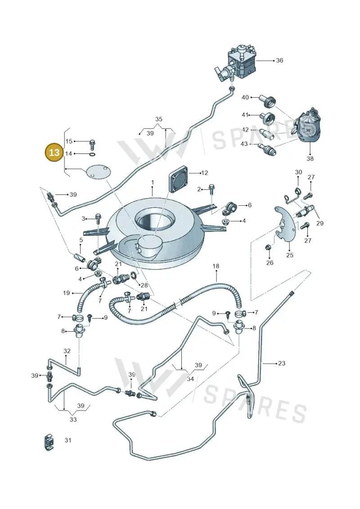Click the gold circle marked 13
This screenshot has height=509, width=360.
(x=54, y=152)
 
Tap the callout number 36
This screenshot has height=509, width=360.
(x=279, y=60)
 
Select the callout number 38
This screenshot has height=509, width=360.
(x=310, y=158)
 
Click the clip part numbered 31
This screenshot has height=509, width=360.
(x=49, y=442)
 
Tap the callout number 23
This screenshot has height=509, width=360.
(x=281, y=363)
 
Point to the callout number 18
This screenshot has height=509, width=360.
(x=216, y=266)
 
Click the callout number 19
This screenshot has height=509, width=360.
(x=66, y=293)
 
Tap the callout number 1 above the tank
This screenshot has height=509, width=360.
(x=153, y=183)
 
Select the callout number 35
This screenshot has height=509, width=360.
(x=158, y=119)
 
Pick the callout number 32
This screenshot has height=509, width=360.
(x=67, y=351)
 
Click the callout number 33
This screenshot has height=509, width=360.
(x=73, y=419)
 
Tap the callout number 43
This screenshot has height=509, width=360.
(x=244, y=144)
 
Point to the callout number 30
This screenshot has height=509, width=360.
(x=298, y=172)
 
